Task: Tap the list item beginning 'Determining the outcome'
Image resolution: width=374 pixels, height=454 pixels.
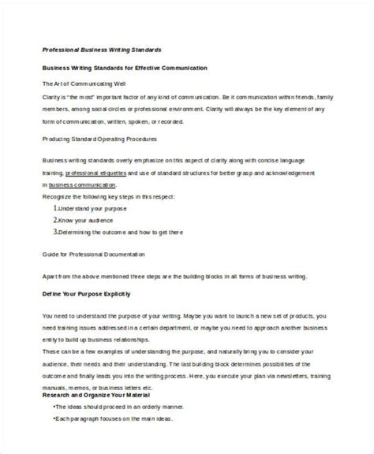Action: coord(118,233)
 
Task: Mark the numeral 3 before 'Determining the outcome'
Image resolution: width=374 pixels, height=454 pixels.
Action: coord(55,233)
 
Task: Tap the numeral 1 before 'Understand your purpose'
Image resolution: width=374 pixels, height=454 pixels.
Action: coord(55,209)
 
